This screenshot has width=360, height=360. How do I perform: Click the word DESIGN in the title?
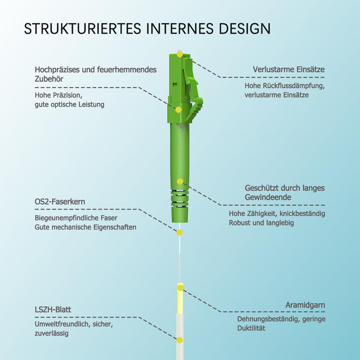click(x=245, y=29)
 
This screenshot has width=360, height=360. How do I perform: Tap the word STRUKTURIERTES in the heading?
click(x=82, y=29)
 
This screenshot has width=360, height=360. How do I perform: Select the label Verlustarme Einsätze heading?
click(x=289, y=69)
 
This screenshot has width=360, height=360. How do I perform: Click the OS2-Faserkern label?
click(x=60, y=202)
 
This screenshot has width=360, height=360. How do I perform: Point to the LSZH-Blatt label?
click(x=53, y=310)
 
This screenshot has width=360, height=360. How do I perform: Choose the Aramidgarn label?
click(x=306, y=305)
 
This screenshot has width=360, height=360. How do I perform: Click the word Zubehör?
click(x=49, y=79)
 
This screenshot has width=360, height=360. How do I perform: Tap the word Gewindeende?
click(x=268, y=197)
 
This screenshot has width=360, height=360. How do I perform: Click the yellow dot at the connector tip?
click(x=180, y=54)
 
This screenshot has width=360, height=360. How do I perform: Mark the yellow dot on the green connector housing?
click(x=178, y=110)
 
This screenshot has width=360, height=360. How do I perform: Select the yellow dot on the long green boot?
click(x=180, y=181)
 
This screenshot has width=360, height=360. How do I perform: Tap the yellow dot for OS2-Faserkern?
click(x=180, y=233)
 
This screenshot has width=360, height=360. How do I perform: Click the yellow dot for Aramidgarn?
click(x=180, y=288)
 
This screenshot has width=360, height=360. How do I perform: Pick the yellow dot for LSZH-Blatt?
click(x=180, y=340)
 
